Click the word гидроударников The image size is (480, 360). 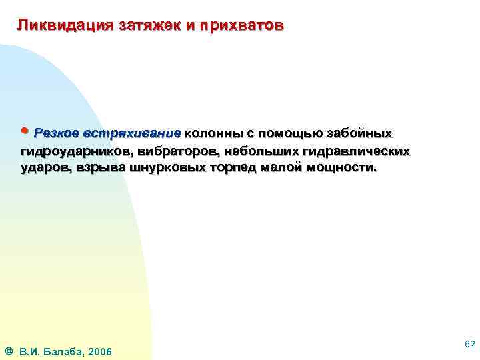[69, 151]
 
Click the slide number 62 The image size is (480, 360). [469, 343]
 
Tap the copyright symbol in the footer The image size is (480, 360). [7, 351]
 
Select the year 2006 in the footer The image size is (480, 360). [99, 351]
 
